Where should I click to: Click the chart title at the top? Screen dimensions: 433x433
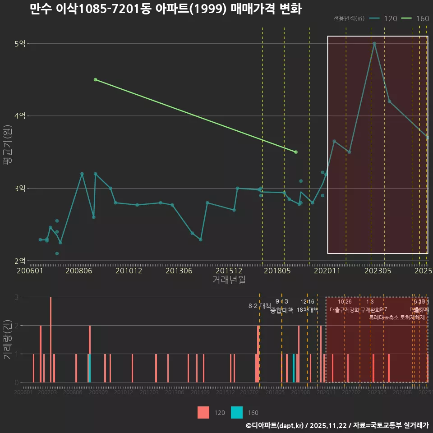(166, 9)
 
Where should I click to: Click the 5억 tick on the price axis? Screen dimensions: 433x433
(20, 44)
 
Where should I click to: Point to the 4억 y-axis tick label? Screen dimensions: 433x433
(20, 116)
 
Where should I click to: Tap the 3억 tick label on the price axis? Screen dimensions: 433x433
(20, 188)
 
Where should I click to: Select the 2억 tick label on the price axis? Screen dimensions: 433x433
(20, 261)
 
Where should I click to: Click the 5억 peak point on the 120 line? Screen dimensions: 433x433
(374, 44)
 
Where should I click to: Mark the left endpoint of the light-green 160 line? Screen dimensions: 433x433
(95, 79)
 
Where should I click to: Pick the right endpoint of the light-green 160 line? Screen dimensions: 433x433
(296, 152)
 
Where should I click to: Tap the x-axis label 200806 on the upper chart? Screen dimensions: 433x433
(79, 271)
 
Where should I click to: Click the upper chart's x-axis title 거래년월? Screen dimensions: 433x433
(229, 280)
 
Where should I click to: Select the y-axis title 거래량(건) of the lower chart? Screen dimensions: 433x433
(8, 339)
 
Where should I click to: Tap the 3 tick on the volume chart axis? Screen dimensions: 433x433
(16, 297)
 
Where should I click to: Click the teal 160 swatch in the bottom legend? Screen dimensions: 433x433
(237, 412)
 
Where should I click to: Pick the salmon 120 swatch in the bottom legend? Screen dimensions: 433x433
(203, 412)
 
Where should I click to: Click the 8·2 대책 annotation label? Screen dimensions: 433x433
(257, 306)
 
